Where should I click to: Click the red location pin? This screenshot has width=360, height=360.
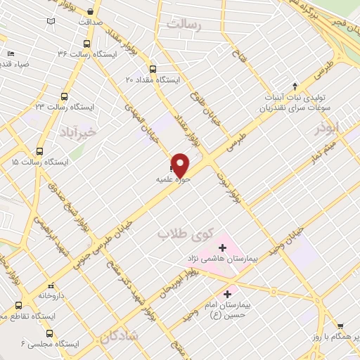(x=181, y=164)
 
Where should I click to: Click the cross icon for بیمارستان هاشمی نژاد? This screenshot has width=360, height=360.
(x=223, y=247)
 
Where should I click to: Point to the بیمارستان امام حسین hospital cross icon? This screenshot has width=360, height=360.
(x=226, y=294)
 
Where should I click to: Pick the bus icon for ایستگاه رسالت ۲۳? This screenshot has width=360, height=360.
(x=64, y=96)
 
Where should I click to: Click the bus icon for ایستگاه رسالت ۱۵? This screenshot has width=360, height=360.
(x=39, y=150)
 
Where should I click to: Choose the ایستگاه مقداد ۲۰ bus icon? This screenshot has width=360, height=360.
(x=153, y=68)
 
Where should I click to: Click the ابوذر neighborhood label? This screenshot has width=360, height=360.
(x=327, y=127)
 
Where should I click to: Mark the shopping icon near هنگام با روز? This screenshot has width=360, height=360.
(x=341, y=326)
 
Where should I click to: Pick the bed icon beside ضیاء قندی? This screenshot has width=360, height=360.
(x=11, y=53)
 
